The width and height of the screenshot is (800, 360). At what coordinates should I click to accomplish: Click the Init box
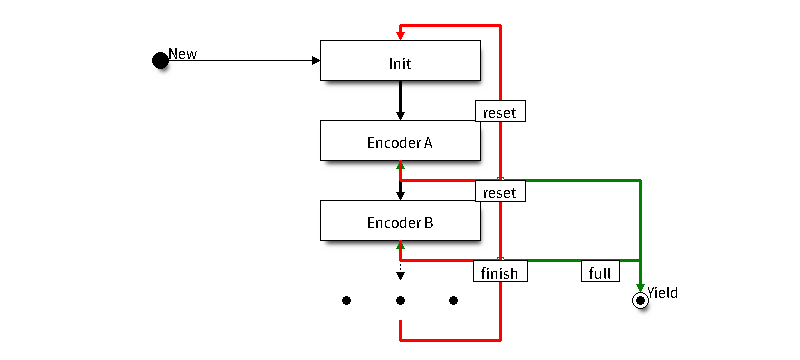(x=400, y=60)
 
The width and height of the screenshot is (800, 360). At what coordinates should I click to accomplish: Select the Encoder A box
(x=400, y=140)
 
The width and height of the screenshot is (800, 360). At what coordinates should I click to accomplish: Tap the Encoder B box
(x=400, y=220)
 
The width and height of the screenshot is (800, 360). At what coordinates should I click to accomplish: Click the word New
(x=183, y=54)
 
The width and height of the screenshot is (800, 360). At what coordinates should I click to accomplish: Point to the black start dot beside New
(x=160, y=61)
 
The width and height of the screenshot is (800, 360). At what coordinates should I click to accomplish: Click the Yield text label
(x=663, y=293)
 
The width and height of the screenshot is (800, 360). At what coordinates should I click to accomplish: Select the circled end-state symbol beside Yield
(x=640, y=301)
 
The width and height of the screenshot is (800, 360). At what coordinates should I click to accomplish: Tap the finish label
(x=499, y=271)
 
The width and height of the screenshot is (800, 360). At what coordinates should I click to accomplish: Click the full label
(x=600, y=271)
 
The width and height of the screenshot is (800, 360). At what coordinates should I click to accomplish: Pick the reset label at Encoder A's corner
(x=500, y=111)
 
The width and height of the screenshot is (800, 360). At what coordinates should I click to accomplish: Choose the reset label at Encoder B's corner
(x=500, y=191)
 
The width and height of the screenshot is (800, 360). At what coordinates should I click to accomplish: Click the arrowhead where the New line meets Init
(x=316, y=61)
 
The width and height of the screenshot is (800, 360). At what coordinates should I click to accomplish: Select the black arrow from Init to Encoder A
(x=401, y=100)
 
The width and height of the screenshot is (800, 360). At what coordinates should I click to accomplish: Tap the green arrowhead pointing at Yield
(x=640, y=288)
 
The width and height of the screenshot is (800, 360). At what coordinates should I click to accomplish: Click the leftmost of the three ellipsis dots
(x=346, y=300)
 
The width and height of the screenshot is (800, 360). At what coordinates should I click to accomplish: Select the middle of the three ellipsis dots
(x=401, y=300)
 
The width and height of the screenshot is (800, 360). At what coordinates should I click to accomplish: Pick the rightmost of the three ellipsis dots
(x=453, y=300)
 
